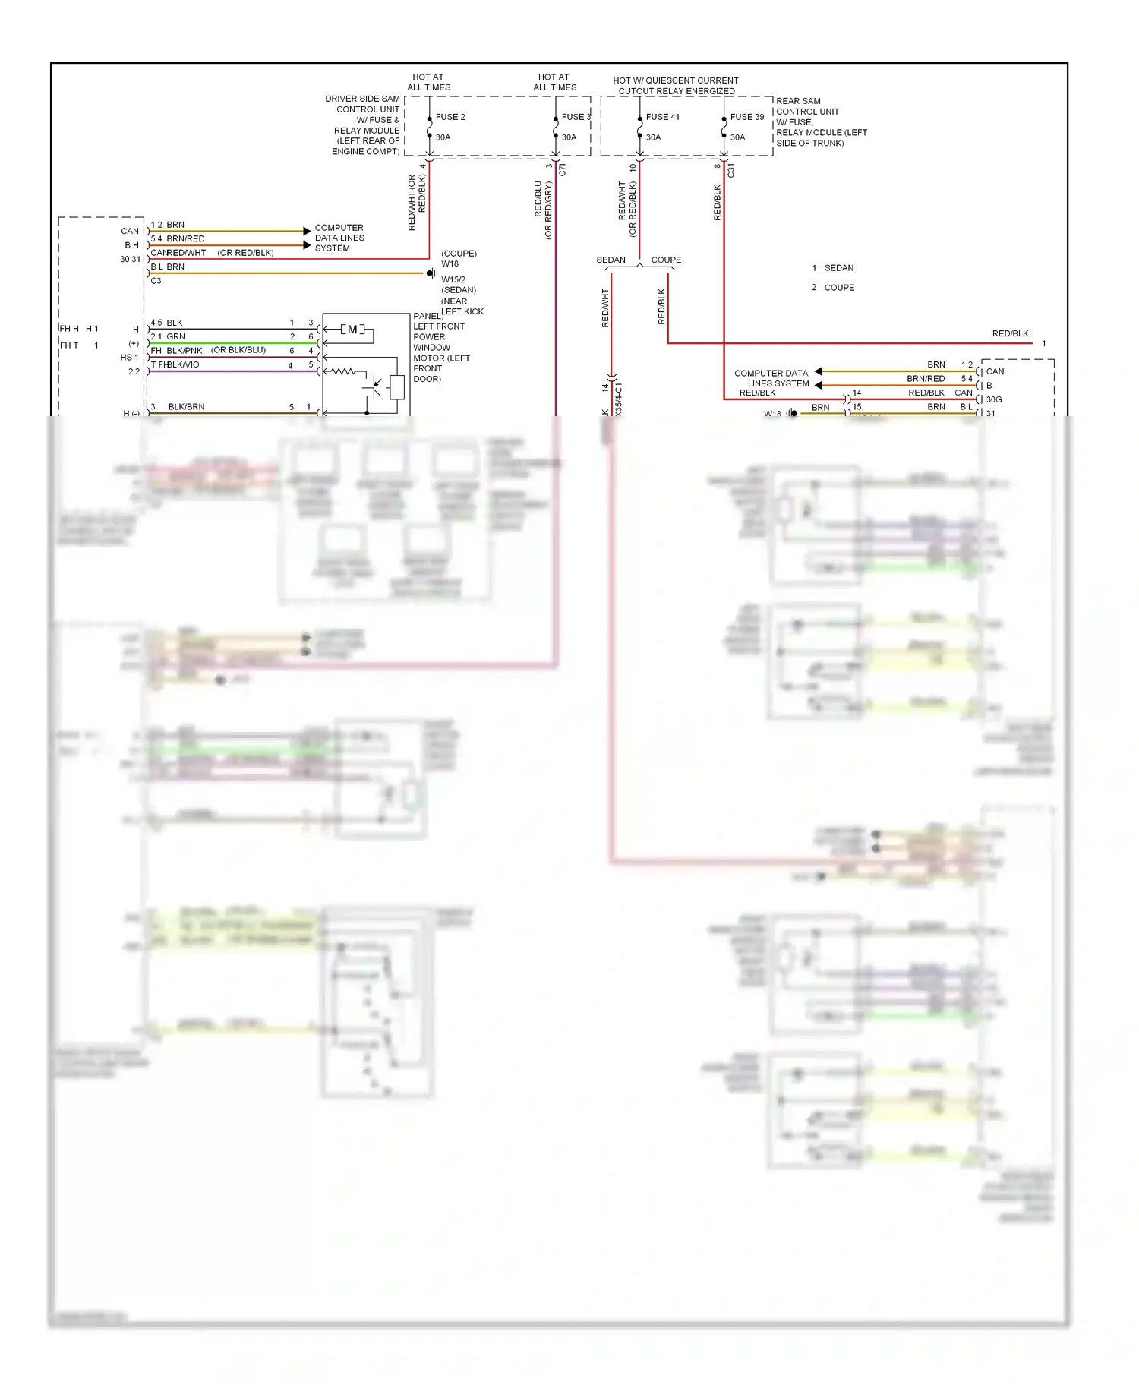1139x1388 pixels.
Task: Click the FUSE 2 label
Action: [x=450, y=117]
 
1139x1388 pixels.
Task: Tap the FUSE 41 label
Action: [x=662, y=117]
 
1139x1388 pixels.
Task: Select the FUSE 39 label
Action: [x=746, y=117]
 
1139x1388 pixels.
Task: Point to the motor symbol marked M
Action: [x=352, y=330]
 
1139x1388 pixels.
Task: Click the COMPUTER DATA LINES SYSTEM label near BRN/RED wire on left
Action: [x=339, y=238]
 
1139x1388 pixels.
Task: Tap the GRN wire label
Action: [x=175, y=336]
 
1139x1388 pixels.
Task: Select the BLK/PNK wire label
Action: [x=184, y=351]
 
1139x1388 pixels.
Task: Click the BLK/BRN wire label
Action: [x=186, y=407]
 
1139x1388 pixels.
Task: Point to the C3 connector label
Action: [x=156, y=281]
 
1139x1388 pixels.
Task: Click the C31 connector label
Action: [x=730, y=171]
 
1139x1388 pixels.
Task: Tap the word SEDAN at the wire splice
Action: [x=611, y=260]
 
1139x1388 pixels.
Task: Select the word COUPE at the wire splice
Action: [x=666, y=260]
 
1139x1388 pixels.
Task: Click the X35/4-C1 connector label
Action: [x=619, y=399]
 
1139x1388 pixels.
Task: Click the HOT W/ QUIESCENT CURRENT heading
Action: [x=675, y=80]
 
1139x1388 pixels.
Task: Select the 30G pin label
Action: [x=993, y=399]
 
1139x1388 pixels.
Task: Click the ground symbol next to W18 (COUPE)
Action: [x=431, y=273]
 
